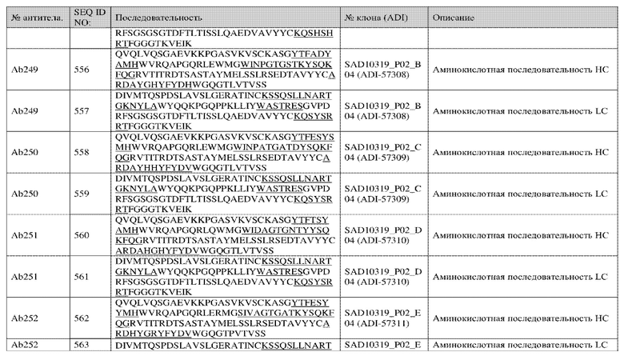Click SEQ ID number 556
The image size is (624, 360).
82,70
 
